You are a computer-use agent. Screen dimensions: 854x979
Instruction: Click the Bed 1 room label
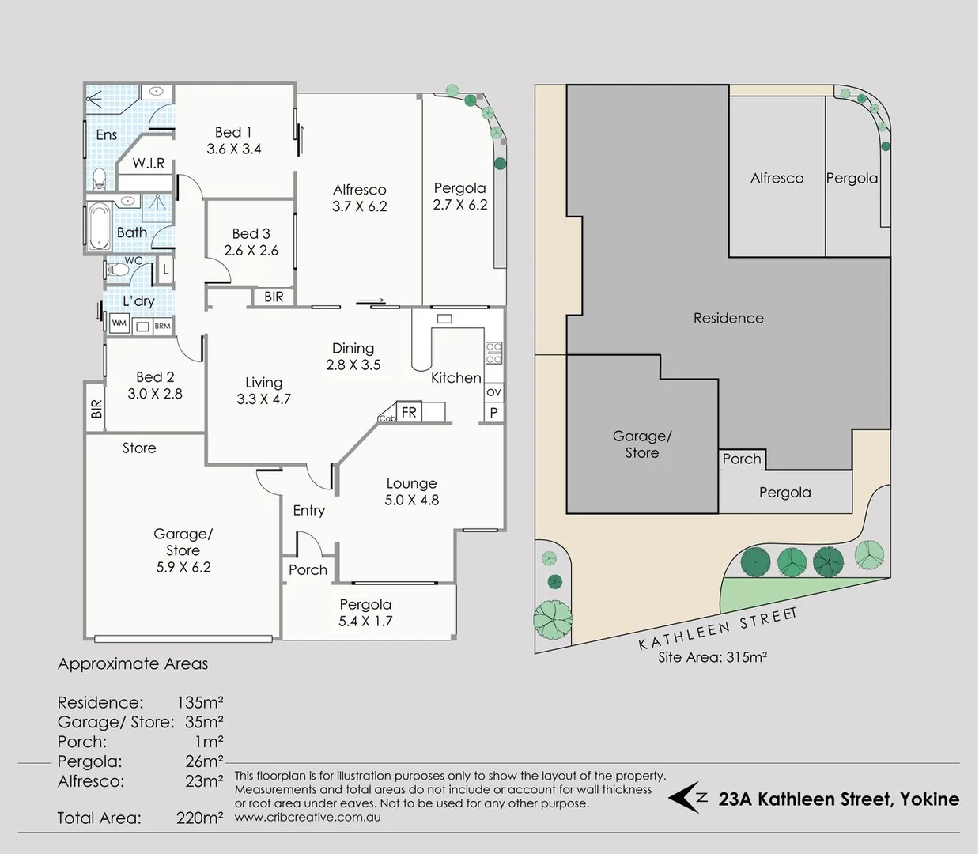tap(233, 133)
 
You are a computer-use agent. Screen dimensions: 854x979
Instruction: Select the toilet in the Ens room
tap(99, 178)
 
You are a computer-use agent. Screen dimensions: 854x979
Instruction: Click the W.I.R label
tap(149, 164)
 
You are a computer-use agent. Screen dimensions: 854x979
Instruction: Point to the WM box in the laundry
tap(119, 323)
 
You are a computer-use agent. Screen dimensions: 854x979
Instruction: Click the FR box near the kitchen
tap(409, 412)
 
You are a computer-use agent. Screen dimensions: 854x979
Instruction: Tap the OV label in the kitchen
tap(493, 392)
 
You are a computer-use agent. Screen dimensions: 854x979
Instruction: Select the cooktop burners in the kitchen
tap(493, 353)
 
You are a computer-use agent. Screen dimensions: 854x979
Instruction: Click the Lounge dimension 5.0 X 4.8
tap(411, 501)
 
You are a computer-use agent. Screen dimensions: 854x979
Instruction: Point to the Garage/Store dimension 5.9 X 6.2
tap(183, 567)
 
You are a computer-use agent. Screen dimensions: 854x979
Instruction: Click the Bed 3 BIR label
tap(274, 297)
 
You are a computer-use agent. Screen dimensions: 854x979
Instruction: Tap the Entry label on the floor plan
tap(308, 511)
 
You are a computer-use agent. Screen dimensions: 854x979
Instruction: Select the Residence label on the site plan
tap(728, 318)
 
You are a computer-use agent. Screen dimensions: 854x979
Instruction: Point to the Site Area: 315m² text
tap(713, 657)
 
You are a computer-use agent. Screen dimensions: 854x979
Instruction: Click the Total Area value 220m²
tap(199, 818)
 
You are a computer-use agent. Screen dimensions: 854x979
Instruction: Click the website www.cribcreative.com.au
tap(308, 818)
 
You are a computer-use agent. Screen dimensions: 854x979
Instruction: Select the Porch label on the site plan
tap(741, 459)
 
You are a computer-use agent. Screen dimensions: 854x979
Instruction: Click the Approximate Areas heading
tap(133, 664)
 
